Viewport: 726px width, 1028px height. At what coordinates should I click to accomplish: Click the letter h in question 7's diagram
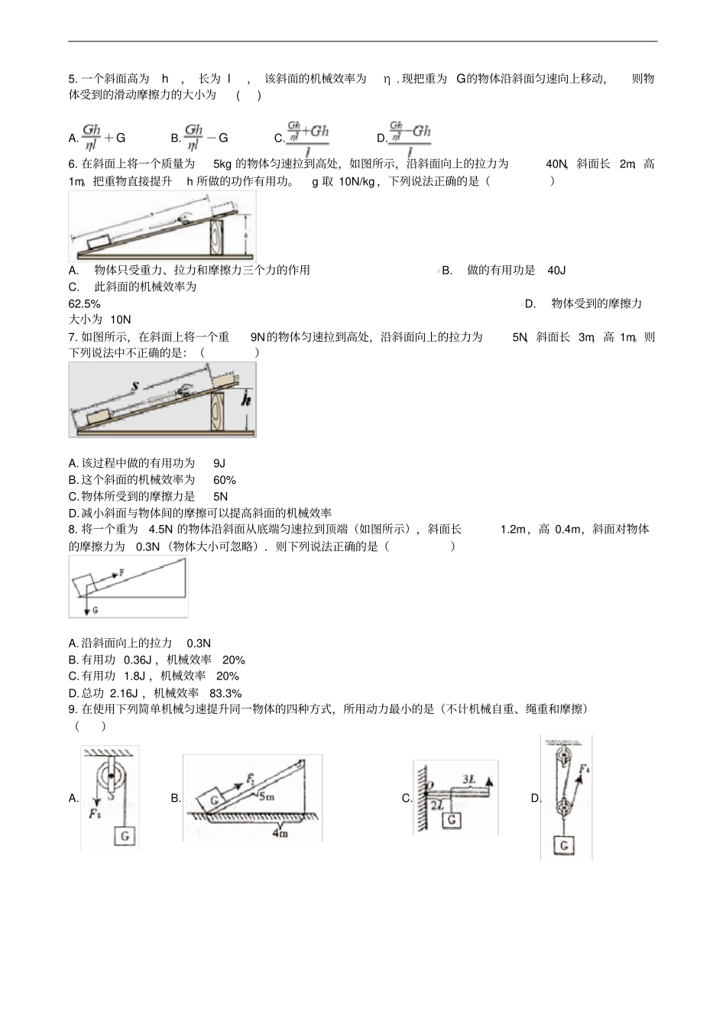(x=246, y=399)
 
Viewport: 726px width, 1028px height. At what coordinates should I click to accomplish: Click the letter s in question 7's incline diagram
(x=135, y=387)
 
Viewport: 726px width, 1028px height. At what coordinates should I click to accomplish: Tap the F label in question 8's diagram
(x=122, y=572)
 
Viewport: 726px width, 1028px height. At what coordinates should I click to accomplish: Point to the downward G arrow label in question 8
(x=95, y=610)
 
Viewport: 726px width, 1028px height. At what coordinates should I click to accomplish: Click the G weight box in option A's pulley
(x=125, y=836)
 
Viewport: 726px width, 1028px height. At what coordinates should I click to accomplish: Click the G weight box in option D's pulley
(x=564, y=845)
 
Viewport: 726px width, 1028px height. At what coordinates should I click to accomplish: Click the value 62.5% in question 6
(x=84, y=303)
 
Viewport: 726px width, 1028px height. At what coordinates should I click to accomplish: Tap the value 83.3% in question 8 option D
(x=225, y=693)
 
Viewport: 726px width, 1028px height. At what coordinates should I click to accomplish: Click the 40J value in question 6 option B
(x=556, y=270)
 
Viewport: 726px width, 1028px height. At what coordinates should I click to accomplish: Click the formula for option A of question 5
(x=103, y=137)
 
